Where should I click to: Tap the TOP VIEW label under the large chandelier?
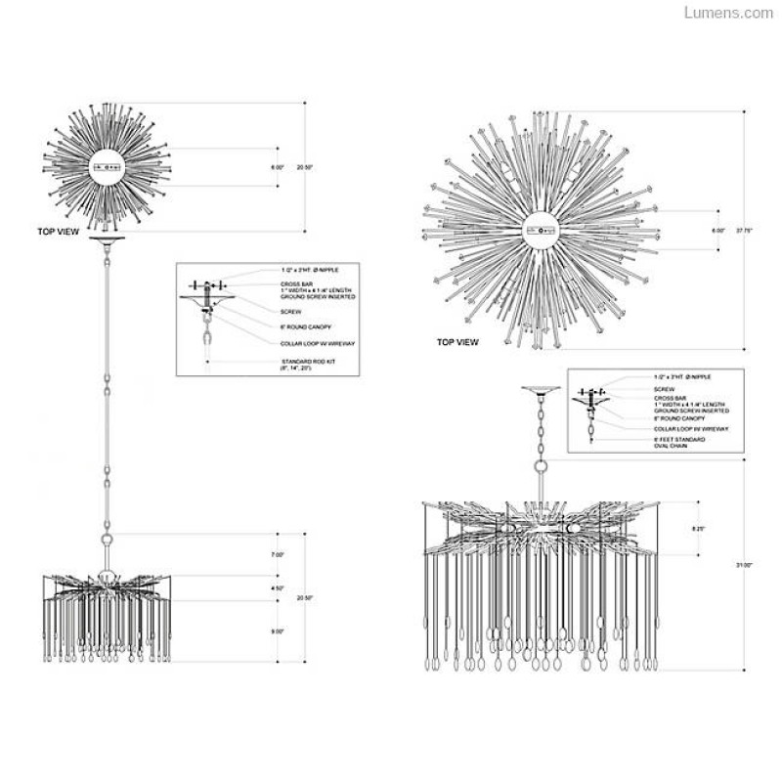pyautogui.click(x=457, y=343)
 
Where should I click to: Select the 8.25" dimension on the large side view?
pyautogui.click(x=698, y=528)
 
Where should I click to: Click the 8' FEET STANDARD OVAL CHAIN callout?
pyautogui.click(x=679, y=443)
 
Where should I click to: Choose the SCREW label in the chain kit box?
pyautogui.click(x=664, y=388)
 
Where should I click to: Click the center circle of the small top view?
pyautogui.click(x=109, y=168)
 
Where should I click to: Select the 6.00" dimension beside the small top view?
pyautogui.click(x=278, y=168)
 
